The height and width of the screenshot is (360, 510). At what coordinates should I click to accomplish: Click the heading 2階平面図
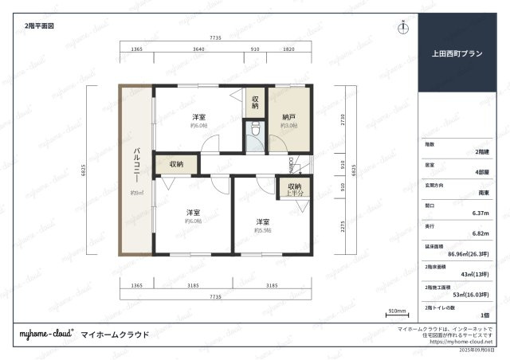pyautogui.click(x=38, y=25)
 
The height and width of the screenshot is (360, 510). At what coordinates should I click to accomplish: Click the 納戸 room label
pyautogui.click(x=289, y=117)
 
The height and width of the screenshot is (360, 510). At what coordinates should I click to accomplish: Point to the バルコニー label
pyautogui.click(x=137, y=165)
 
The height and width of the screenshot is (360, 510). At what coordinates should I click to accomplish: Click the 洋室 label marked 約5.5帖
pyautogui.click(x=263, y=221)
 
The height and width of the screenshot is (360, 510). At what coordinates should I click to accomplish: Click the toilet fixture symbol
pyautogui.click(x=255, y=128)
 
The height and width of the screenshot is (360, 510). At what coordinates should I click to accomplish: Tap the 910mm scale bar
pyautogui.click(x=397, y=311)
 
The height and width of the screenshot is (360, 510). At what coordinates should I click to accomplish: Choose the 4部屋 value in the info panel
pyautogui.click(x=481, y=172)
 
